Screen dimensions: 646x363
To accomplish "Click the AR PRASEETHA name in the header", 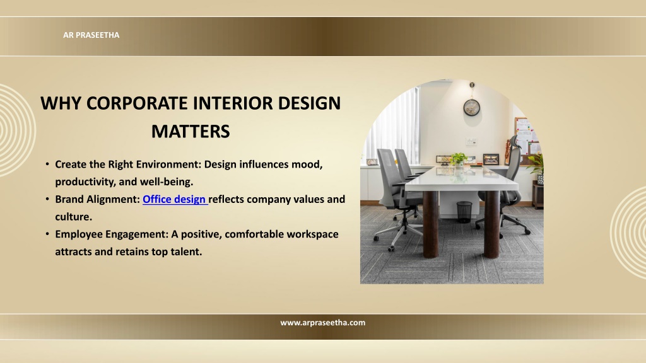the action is pos(91,35).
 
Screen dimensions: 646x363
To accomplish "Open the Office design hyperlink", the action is pos(175,199).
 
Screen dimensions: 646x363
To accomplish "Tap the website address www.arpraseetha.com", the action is pos(322,323).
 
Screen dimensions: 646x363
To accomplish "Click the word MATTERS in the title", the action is pos(191,131).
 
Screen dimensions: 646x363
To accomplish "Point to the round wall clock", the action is pos(472,108).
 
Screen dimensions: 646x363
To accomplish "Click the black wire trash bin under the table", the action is pos(464,212).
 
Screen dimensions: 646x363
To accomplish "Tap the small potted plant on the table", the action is pos(458,159).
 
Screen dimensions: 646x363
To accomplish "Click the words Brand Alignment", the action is pos(98,199).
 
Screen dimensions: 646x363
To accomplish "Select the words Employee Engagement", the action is pos(112,234).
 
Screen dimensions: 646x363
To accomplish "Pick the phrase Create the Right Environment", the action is pos(128,164).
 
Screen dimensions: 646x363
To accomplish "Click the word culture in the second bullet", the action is pos(74,217).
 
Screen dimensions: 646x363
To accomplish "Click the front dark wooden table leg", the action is pos(430,224).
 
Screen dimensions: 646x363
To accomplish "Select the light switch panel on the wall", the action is pos(471,142).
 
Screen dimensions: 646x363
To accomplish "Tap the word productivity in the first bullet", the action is pos(85,182).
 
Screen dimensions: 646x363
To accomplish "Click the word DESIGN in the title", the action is pos(309,103).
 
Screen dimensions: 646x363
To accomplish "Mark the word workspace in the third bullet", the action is pos(312,234).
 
